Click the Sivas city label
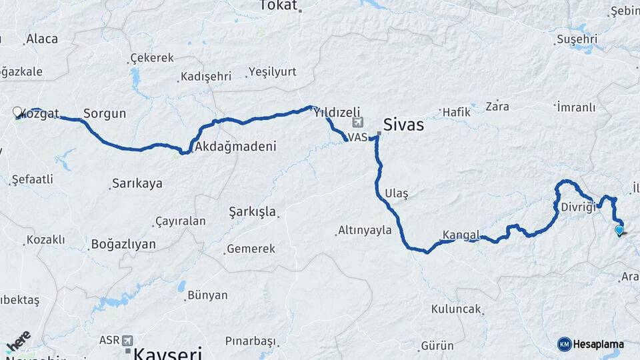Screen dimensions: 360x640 (403, 125)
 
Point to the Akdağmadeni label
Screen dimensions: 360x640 (232, 146)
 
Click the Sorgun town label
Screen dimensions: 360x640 (105, 113)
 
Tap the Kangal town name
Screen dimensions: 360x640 (461, 235)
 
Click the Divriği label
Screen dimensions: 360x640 (577, 206)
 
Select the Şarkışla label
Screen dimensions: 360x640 (252, 211)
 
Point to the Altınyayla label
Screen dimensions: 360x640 (365, 230)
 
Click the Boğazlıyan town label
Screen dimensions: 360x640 (123, 244)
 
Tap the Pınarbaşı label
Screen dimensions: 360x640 (250, 341)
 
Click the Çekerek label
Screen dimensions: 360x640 (152, 58)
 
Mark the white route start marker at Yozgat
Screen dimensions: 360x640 (18, 112)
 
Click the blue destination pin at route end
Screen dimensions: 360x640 (619, 231)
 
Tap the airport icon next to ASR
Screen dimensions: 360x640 (127, 340)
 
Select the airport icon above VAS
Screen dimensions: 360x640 (358, 123)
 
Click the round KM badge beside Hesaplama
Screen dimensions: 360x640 (565, 344)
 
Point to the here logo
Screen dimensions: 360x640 (18, 341)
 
